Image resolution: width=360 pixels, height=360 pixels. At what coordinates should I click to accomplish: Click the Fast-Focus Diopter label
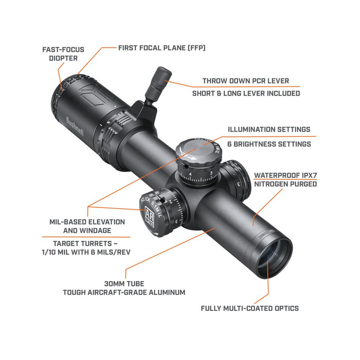(x=63, y=53)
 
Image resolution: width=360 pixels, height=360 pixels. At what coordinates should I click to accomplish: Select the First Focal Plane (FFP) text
(x=162, y=48)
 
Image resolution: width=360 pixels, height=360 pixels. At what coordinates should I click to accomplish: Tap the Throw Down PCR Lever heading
(x=246, y=81)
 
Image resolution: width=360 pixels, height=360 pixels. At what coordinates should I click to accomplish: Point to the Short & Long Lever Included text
(x=246, y=94)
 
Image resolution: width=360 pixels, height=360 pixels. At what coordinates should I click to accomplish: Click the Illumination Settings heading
(x=269, y=129)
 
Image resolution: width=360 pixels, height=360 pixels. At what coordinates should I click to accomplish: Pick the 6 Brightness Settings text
(x=269, y=144)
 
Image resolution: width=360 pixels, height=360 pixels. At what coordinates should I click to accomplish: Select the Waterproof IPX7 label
(x=285, y=175)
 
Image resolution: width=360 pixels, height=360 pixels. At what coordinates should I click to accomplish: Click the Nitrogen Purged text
(x=285, y=184)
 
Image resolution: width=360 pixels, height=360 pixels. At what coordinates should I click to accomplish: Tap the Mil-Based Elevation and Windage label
(x=87, y=226)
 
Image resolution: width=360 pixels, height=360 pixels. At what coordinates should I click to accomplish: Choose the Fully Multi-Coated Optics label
(x=250, y=308)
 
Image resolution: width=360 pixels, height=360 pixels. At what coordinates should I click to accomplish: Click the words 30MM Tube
(x=124, y=283)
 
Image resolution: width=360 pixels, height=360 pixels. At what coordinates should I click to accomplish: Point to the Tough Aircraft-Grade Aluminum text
(x=124, y=292)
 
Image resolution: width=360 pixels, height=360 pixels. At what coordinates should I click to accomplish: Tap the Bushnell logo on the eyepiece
(x=75, y=126)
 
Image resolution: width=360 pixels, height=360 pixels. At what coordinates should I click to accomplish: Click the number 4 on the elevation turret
(x=190, y=175)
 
